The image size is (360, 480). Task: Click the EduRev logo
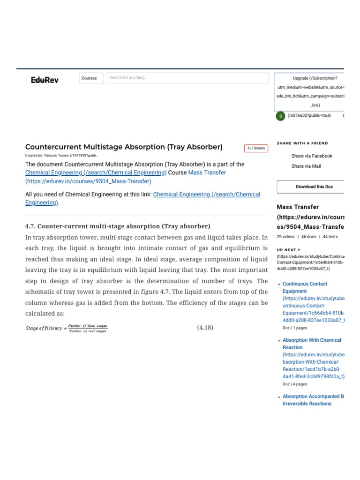point(45,80)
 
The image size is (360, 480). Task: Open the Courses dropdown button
point(89,78)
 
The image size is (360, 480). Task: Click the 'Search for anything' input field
point(187,78)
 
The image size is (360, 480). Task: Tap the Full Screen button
point(256,148)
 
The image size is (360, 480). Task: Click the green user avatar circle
point(280,116)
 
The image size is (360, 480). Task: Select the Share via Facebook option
point(312,156)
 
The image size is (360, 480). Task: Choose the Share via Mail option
point(306,166)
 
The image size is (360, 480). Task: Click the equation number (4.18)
point(205,328)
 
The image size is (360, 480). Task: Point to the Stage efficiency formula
point(66,328)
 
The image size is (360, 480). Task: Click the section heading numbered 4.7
point(118,226)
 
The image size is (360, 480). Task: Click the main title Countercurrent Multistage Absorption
point(124,147)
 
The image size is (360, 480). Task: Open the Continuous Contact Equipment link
point(305,287)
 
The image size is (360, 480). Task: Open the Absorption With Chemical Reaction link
point(312,344)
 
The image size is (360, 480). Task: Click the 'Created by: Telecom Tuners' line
point(61,155)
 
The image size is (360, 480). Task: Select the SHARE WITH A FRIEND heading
point(302,143)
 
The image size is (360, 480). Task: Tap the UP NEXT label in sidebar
point(289,250)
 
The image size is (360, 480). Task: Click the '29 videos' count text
point(285,237)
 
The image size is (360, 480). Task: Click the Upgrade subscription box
point(309,92)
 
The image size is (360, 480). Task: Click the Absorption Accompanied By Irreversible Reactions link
point(313,400)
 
